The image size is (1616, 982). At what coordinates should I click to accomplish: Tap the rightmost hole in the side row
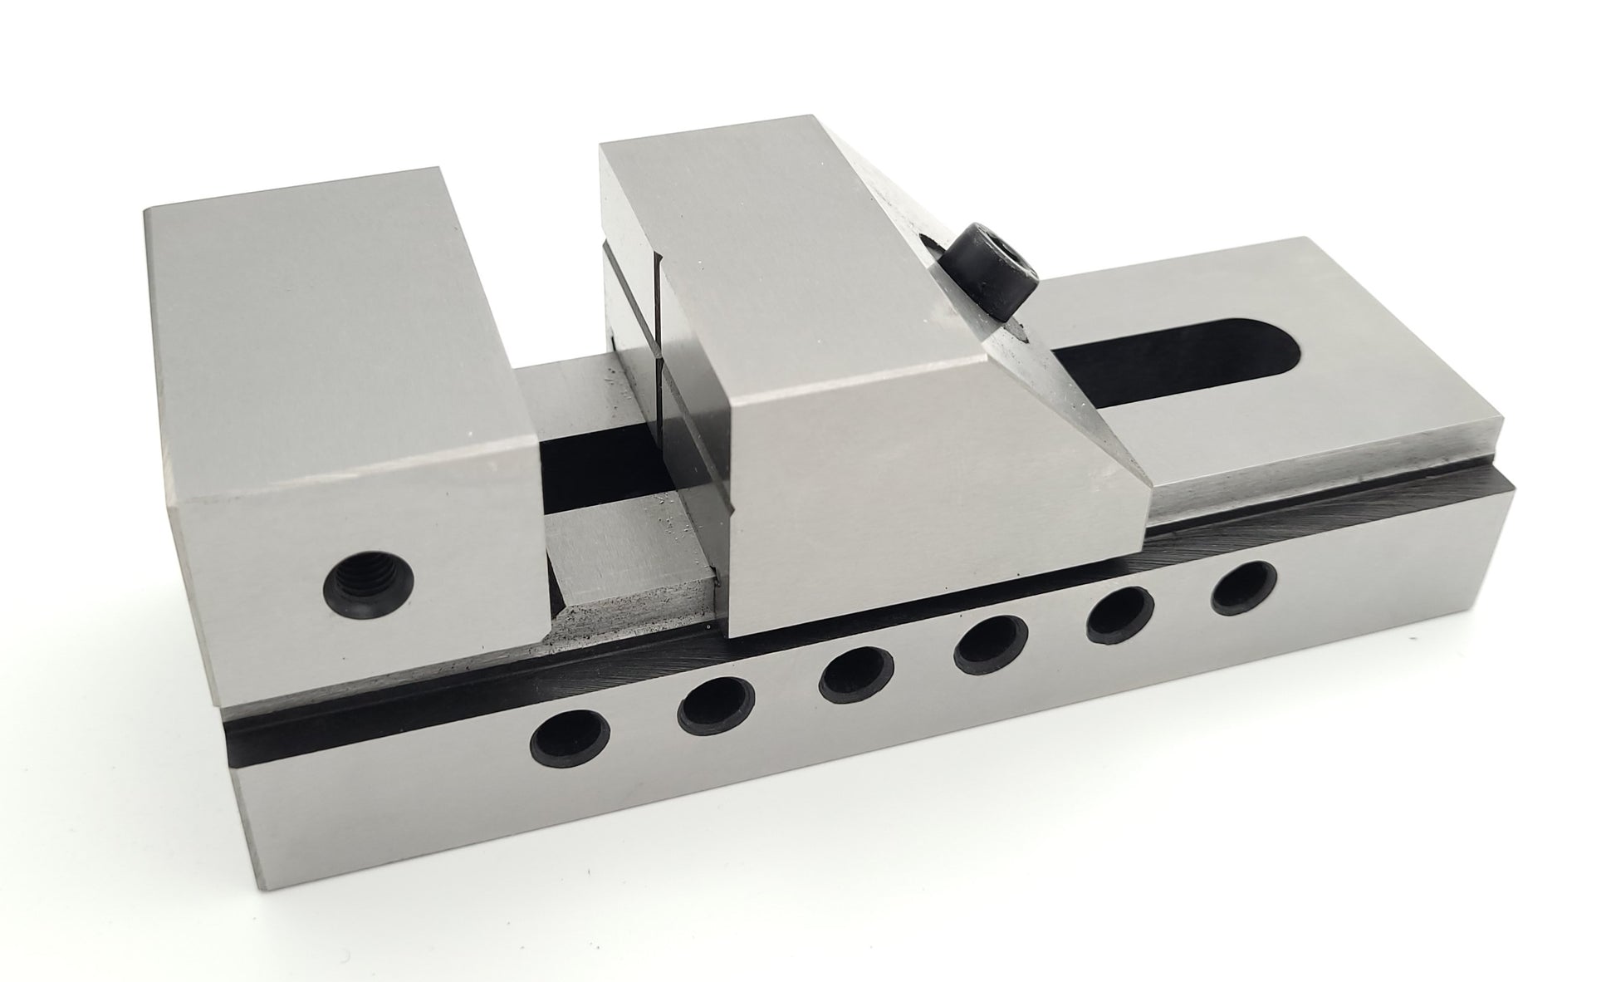1242,586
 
